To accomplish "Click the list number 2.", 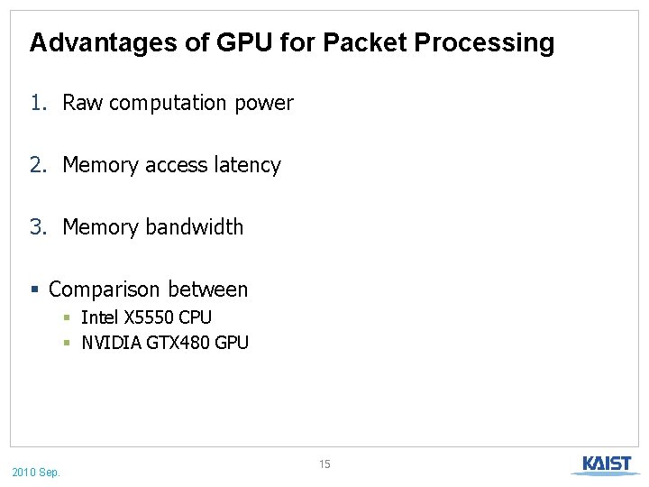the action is coord(36,165).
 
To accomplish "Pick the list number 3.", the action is coord(36,227).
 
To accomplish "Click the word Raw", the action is coord(83,103).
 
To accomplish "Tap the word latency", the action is coord(247,165).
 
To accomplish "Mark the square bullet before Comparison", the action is coord(34,290).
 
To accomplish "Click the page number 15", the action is coord(324,464).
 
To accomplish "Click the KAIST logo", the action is coord(606,465).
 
